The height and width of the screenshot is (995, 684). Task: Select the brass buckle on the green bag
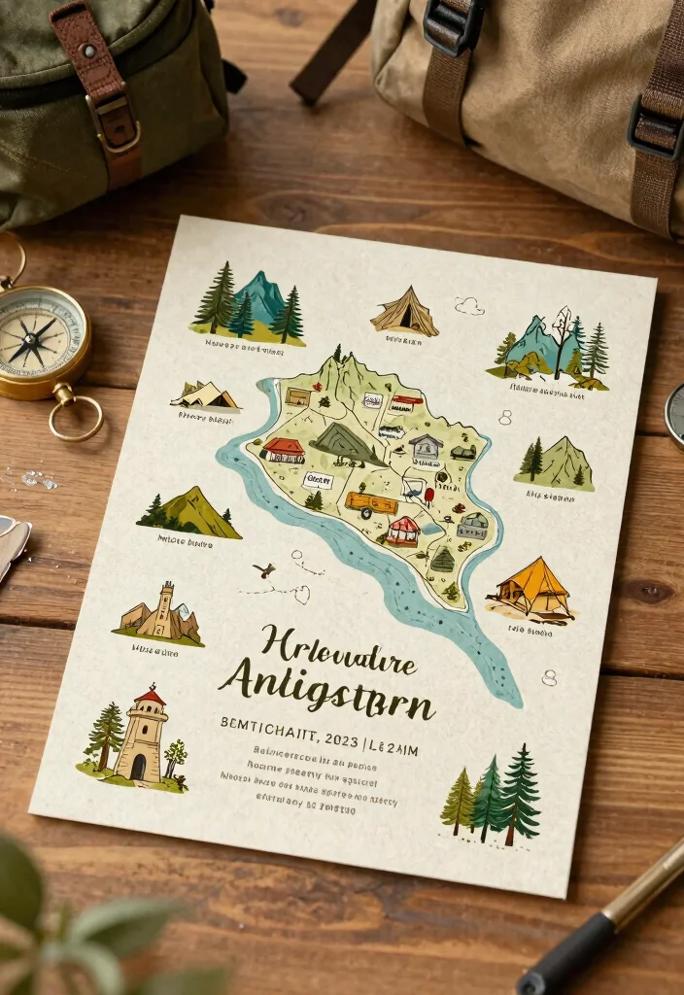point(114,120)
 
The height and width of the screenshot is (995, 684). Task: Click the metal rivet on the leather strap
point(89,50)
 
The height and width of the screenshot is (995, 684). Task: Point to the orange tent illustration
point(531,589)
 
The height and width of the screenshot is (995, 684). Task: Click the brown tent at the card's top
point(404,312)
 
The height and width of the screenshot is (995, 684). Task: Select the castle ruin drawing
point(161,614)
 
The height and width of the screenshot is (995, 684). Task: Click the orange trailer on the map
point(371,503)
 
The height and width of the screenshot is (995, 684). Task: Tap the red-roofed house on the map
point(283,450)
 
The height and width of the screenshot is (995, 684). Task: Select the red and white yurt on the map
point(402,531)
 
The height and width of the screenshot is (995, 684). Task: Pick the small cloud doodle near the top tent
point(469,306)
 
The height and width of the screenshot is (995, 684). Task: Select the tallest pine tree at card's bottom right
point(521,792)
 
